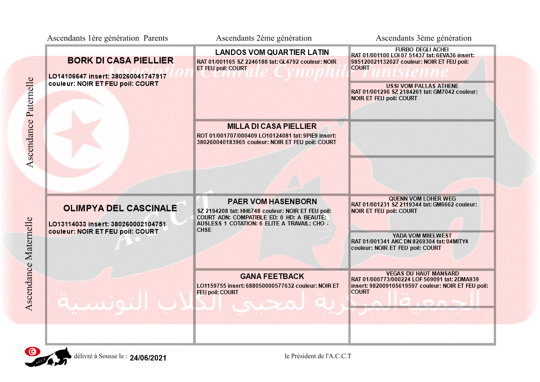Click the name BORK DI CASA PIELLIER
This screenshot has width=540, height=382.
click(120, 61)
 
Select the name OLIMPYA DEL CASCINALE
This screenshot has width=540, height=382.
click(120, 208)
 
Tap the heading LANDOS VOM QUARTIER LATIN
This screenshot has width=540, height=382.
click(272, 52)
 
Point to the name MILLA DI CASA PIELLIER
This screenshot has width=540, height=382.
click(272, 126)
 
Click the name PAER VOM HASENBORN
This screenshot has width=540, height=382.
click(272, 201)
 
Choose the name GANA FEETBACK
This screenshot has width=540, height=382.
click(272, 276)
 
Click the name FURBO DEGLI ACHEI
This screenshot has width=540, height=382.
click(422, 50)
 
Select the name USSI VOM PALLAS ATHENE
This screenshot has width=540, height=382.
click(422, 86)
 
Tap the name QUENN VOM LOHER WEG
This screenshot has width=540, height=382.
click(422, 199)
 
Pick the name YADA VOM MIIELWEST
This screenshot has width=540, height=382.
click(422, 236)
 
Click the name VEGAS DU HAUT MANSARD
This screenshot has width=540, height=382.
click(422, 273)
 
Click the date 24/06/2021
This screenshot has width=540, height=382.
click(148, 358)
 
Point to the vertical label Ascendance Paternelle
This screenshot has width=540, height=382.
click(30, 122)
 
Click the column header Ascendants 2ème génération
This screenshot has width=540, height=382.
click(264, 38)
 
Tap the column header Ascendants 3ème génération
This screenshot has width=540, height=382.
click(424, 38)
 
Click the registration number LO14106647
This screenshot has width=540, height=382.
click(67, 76)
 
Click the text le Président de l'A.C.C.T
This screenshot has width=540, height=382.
click(318, 356)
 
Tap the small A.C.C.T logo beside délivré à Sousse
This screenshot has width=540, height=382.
click(49, 357)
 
